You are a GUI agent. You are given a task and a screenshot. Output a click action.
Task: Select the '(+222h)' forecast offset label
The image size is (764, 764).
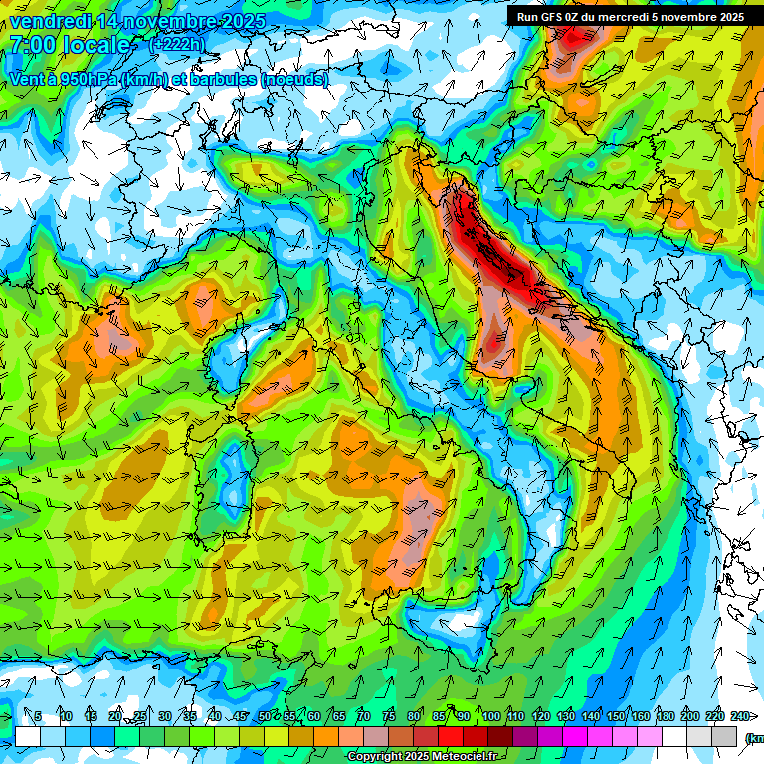click(x=177, y=44)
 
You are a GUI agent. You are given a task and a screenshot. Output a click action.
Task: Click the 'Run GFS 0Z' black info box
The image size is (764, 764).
click(x=627, y=16)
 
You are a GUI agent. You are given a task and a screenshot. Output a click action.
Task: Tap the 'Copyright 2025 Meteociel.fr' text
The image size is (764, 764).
click(x=422, y=757)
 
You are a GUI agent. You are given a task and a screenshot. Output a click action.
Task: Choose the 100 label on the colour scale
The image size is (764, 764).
click(x=491, y=716)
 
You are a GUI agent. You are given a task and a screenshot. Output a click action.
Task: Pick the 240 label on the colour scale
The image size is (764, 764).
click(x=740, y=716)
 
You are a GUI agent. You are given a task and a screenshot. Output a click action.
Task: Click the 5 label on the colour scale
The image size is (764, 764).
click(x=38, y=716)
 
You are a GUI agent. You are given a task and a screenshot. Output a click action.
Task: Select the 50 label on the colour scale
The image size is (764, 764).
click(x=264, y=716)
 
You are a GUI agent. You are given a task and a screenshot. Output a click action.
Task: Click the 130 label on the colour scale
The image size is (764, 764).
click(x=566, y=716)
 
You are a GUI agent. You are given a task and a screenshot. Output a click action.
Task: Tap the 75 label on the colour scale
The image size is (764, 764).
click(x=389, y=716)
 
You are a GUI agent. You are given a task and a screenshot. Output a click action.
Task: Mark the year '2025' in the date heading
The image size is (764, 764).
click(x=239, y=21)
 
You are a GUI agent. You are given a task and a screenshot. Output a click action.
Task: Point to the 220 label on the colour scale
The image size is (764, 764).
click(x=715, y=716)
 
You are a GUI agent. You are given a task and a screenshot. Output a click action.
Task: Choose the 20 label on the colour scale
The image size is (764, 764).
click(x=115, y=716)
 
